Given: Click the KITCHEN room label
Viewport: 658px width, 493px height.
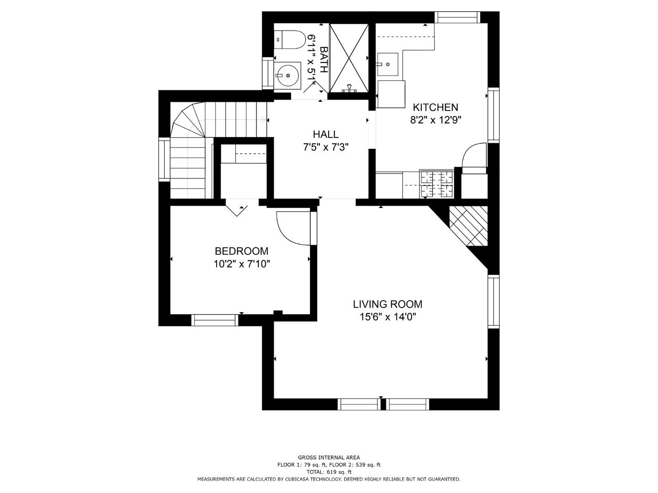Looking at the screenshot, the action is pyautogui.click(x=435, y=107).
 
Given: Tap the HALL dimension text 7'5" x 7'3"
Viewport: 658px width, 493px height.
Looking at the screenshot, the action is pyautogui.click(x=326, y=147).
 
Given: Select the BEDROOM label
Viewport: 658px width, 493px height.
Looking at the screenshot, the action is pyautogui.click(x=242, y=251).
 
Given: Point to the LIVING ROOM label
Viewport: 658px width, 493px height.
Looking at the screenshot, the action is pyautogui.click(x=387, y=304).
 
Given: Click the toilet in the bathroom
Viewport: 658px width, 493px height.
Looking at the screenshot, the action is pyautogui.click(x=288, y=40).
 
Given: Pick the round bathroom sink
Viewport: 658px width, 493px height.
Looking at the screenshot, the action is pyautogui.click(x=287, y=76).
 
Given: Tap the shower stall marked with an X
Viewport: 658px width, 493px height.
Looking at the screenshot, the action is pyautogui.click(x=349, y=58).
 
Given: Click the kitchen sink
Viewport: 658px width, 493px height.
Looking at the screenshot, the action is pyautogui.click(x=387, y=64).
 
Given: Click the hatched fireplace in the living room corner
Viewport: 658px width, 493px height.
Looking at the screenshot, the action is pyautogui.click(x=469, y=226).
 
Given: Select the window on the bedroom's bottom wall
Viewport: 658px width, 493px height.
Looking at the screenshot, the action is pyautogui.click(x=215, y=320).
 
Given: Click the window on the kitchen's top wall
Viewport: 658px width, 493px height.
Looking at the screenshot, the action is pyautogui.click(x=457, y=17).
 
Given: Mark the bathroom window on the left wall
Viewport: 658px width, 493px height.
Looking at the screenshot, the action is pyautogui.click(x=268, y=73).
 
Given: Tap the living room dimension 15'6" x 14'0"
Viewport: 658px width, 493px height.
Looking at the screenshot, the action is pyautogui.click(x=388, y=317).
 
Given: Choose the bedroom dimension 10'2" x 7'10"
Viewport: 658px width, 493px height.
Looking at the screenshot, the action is pyautogui.click(x=242, y=264).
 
